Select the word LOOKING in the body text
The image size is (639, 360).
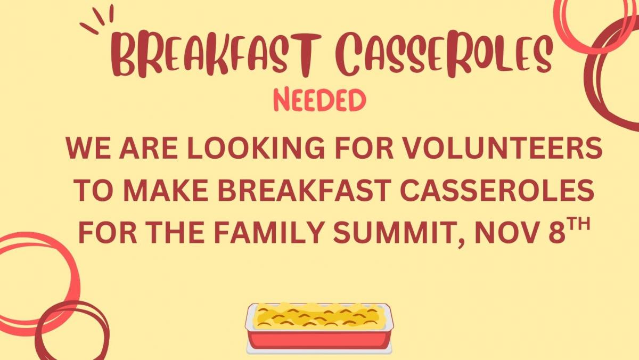[256, 149]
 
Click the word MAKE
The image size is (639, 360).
[166, 190]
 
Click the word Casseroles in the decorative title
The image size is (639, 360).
[444, 54]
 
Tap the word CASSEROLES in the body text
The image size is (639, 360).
[497, 190]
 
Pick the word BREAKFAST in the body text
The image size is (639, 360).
[305, 190]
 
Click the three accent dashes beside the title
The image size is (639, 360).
[96, 19]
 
